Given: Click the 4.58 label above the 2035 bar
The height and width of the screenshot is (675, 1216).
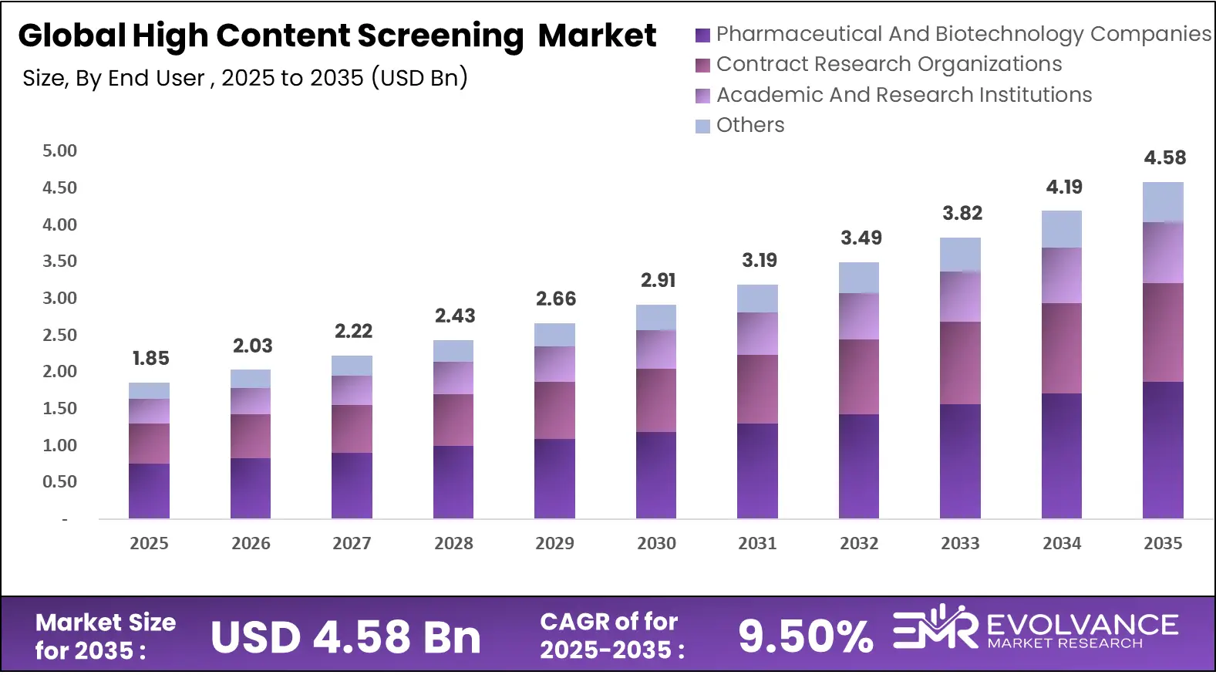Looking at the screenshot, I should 1164,157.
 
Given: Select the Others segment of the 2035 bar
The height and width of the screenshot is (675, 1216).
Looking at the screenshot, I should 1163,202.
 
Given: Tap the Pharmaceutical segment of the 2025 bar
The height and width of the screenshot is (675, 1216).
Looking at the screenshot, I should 149,491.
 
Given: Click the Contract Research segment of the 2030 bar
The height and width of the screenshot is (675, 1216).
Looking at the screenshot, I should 656,400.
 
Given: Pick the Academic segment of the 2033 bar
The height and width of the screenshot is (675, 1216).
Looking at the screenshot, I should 960,296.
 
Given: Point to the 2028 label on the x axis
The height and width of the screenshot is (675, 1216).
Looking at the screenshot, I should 453,543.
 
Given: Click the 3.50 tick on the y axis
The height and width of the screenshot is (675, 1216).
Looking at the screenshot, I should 59,261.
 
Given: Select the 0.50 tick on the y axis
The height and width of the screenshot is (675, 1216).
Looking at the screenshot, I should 59,481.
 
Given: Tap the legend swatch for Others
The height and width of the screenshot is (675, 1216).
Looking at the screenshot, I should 702,126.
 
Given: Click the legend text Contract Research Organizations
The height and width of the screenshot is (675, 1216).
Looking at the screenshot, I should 888,64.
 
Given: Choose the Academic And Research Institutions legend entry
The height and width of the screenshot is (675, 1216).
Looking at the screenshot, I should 904,95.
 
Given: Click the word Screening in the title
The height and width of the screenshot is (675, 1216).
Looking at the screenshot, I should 440,35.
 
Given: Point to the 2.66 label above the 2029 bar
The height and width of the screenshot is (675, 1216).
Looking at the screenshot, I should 556,299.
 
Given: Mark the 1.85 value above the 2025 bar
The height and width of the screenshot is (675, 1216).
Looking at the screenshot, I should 150,358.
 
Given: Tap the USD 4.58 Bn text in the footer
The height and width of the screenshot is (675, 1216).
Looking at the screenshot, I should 345,637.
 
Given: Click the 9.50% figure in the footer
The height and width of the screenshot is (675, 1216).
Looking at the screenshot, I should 806,636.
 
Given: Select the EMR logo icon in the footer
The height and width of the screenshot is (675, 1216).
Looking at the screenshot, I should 935,629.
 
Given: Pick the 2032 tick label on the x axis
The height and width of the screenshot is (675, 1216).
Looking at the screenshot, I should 859,543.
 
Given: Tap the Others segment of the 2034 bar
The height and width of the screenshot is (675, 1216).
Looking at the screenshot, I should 1062,229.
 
